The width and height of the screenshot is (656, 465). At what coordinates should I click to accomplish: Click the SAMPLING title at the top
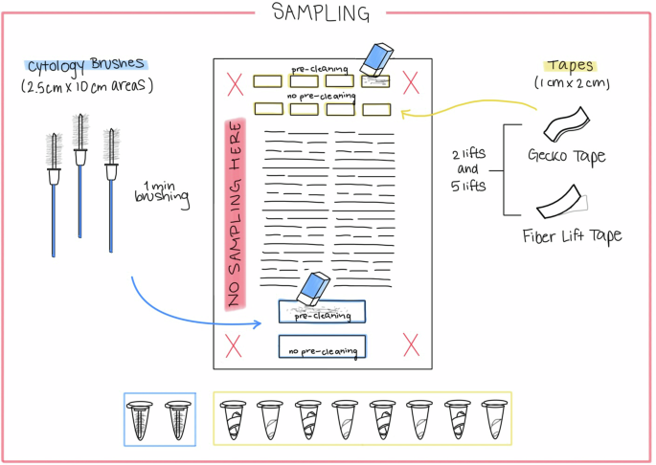tap(320, 12)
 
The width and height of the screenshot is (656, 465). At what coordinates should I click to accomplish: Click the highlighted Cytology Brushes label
tap(87, 65)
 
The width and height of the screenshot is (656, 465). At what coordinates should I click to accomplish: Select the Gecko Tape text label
tap(566, 156)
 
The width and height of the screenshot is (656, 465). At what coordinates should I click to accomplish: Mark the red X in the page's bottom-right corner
tap(411, 343)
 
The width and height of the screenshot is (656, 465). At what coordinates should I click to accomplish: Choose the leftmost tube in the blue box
tap(142, 419)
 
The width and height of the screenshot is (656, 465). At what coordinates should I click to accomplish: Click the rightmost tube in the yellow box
tap(493, 418)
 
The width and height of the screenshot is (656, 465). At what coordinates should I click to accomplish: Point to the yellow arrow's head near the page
tap(404, 115)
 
